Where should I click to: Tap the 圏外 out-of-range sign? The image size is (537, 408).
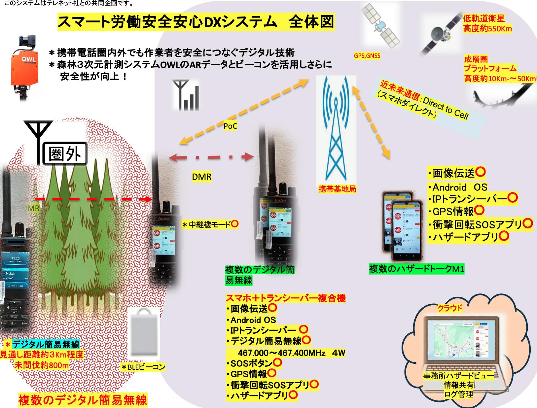coord(64,153)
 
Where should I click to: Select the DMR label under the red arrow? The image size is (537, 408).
coord(201,177)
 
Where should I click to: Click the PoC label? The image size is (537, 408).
coord(230,126)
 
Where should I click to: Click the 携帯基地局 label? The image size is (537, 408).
coord(337,189)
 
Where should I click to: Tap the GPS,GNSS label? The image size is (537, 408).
coord(367,56)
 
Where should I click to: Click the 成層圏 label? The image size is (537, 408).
coord(476,59)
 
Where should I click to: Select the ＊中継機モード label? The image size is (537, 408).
coord(210,225)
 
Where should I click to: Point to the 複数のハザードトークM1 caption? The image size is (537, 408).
coord(416,269)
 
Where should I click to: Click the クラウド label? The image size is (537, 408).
coord(449,308)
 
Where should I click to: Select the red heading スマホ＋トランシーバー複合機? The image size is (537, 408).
coord(285,298)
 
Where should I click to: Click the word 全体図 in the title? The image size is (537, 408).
coord(311,22)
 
